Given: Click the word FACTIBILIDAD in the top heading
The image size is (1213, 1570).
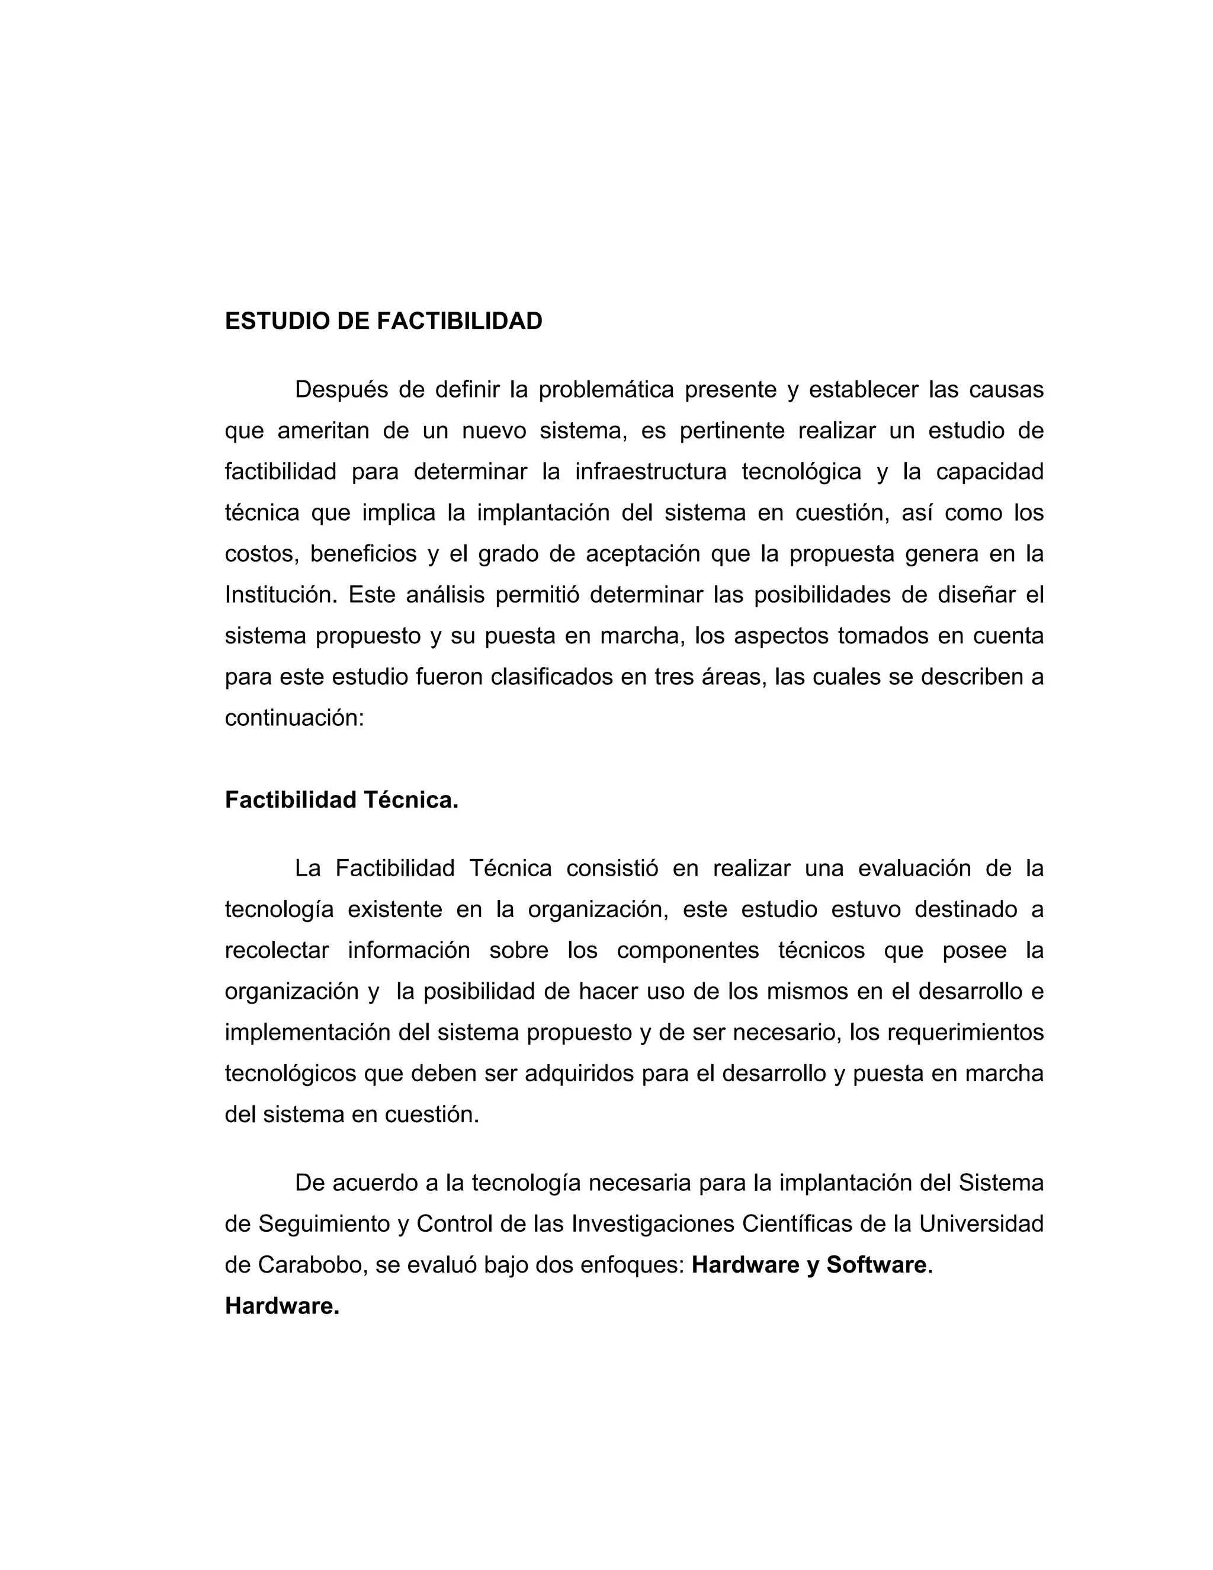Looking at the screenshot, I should (x=459, y=321).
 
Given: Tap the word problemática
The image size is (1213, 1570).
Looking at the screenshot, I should (x=606, y=390).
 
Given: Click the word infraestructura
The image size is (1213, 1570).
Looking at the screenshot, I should (x=650, y=472).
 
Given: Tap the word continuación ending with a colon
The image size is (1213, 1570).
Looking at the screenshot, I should (x=294, y=718).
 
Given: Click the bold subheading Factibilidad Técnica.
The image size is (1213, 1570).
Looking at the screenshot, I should (x=341, y=800).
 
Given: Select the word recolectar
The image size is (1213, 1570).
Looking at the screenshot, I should (x=277, y=950).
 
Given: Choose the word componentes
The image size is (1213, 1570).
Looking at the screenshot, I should (x=688, y=950).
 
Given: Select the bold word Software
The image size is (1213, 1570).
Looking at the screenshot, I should (x=876, y=1264).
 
